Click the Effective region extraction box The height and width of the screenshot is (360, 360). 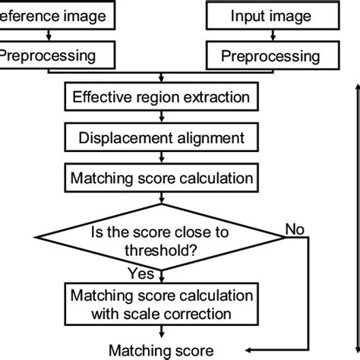[x=160, y=96]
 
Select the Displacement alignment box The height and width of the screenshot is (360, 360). [x=160, y=138]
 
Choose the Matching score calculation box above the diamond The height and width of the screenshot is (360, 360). [x=160, y=179]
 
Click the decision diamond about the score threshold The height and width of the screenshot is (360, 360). [x=160, y=238]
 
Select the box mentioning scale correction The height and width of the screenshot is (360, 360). [x=160, y=304]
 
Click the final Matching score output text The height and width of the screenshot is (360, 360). [x=159, y=350]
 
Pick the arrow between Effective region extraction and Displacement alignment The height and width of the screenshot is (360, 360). [x=160, y=118]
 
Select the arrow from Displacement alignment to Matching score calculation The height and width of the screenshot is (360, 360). [x=160, y=159]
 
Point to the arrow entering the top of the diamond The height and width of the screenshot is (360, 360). [x=160, y=201]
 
